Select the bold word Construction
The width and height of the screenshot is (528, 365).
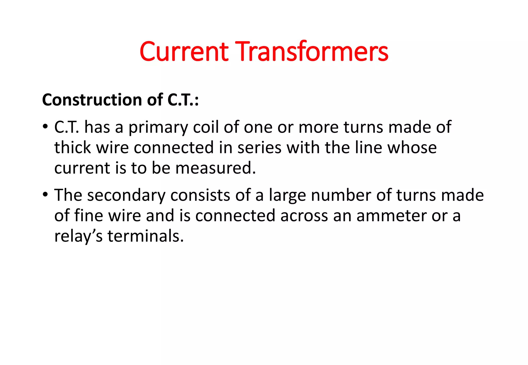(x=92, y=100)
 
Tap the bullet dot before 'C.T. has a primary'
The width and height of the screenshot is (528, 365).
(x=45, y=126)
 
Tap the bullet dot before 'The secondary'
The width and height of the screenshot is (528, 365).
(x=45, y=194)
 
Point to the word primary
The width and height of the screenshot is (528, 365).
(x=158, y=128)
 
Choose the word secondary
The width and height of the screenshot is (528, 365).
(x=126, y=195)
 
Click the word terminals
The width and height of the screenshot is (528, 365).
(x=145, y=236)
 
